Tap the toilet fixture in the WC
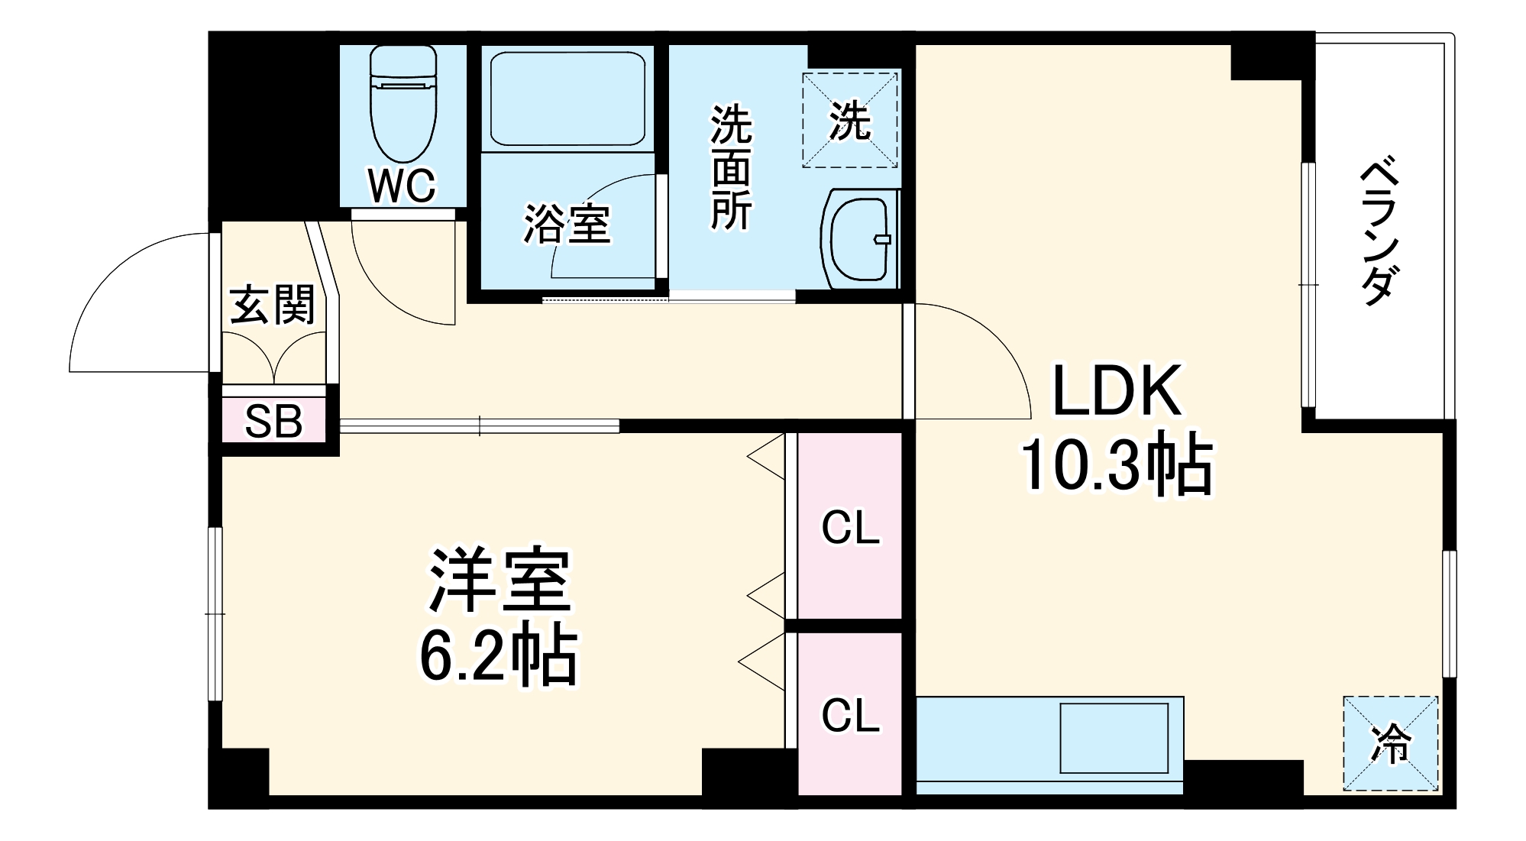pos(403,103)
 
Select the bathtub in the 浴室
pos(567,99)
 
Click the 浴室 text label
pos(567,224)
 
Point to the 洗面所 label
pos(731,167)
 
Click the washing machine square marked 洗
pos(849,120)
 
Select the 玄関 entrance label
pos(272,305)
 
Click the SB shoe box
pos(273,421)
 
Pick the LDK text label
pos(1117,391)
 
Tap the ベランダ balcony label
pos(1379,231)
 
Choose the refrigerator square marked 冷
pos(1390,743)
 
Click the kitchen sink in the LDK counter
pos(1114,738)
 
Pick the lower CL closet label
pos(850,716)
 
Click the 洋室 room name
pos(500,581)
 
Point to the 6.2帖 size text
pos(498,655)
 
